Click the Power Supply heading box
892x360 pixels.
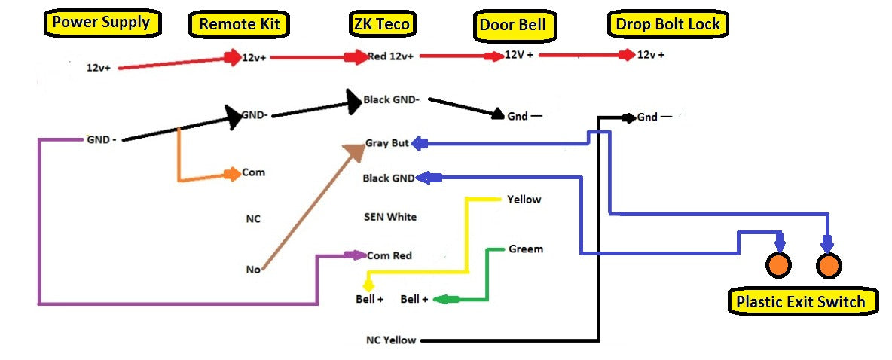[x=102, y=23]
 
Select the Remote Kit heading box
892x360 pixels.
[x=239, y=24]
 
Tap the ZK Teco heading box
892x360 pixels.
[x=380, y=24]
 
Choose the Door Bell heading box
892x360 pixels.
[x=513, y=26]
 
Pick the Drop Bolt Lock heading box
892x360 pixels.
[x=668, y=24]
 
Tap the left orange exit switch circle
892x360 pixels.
[x=779, y=265]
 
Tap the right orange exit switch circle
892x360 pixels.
[x=828, y=265]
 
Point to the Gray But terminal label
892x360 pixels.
[x=386, y=143]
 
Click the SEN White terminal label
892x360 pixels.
[x=389, y=217]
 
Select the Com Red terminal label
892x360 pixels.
[x=389, y=255]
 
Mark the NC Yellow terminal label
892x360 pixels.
[x=391, y=340]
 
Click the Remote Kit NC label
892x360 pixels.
[x=252, y=219]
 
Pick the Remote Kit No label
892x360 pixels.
[x=253, y=269]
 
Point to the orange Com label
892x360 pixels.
[x=253, y=172]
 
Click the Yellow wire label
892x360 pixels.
[x=524, y=200]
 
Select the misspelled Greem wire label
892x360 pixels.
[x=525, y=249]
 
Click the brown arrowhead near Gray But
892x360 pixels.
[x=354, y=151]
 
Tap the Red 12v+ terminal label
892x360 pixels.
[x=392, y=56]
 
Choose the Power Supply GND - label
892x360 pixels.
[x=101, y=139]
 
